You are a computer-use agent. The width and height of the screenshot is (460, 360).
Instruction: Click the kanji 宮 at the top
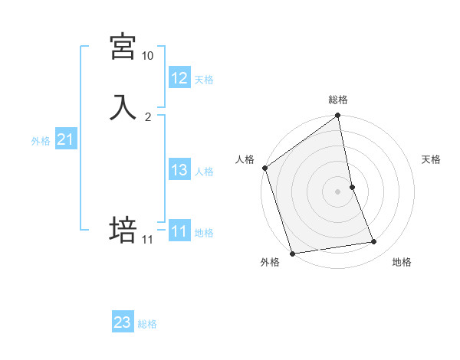coord(123,47)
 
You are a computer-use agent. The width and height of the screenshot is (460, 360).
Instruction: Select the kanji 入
coord(123,107)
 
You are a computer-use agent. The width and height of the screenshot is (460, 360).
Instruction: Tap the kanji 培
coord(123,229)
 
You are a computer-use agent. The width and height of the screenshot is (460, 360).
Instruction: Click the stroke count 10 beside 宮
coord(147,56)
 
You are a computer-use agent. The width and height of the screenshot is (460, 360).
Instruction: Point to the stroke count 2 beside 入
coord(148,117)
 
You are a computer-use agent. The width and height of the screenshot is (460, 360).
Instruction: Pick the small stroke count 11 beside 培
coord(147,240)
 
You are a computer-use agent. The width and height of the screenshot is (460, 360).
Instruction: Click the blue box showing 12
coord(179,78)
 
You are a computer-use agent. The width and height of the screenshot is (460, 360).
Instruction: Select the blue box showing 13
coord(179,170)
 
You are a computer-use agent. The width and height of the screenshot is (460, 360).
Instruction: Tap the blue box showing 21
coord(65,139)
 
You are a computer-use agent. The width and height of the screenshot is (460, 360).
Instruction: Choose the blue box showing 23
coord(123,322)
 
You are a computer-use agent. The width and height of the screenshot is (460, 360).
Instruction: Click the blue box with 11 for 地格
coord(179,231)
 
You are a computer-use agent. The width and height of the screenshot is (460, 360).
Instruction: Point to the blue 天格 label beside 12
coord(204,80)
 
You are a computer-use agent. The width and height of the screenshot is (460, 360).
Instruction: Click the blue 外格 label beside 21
coord(41,141)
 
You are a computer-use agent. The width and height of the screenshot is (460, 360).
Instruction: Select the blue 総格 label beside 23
coord(147,324)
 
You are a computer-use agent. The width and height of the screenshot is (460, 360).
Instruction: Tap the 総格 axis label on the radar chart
coord(338,100)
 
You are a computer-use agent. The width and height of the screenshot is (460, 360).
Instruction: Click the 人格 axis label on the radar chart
coord(245,159)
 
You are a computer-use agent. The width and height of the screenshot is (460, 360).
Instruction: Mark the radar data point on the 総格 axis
coord(338,116)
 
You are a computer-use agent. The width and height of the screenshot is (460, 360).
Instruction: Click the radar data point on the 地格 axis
coord(374,242)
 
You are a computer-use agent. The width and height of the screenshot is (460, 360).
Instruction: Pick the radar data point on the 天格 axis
coord(352,187)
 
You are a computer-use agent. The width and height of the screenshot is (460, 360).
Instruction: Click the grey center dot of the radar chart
coord(338,191)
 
